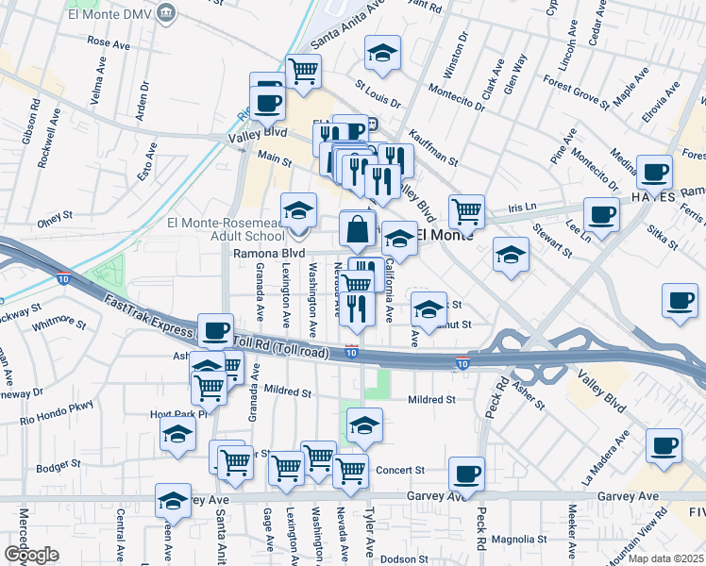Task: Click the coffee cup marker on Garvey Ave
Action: point(466,474)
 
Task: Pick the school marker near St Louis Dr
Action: point(383,54)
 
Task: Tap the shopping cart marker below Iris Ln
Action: point(466,212)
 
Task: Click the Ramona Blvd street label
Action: point(269,254)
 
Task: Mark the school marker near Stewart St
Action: point(511,255)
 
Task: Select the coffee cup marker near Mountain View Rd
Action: point(664,445)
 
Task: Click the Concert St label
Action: point(401,470)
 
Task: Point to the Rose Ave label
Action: point(108,42)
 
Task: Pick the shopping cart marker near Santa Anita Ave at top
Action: point(303,71)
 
